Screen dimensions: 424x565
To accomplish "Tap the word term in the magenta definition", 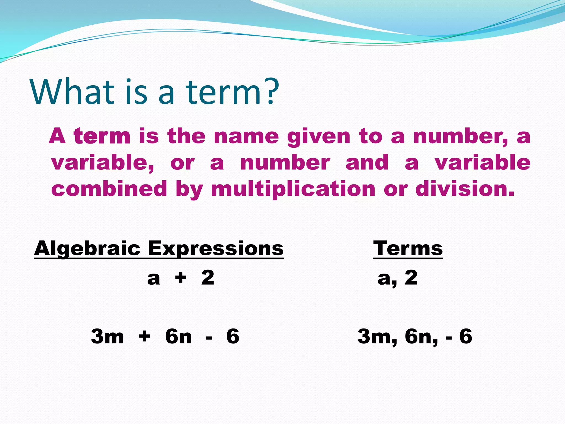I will coord(102,136).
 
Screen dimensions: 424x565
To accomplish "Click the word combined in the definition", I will coord(109,189).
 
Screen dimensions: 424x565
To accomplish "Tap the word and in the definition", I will coord(367,163).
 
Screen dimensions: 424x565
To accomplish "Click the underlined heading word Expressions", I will coord(215,248).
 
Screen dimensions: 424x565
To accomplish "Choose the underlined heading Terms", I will coord(408,248).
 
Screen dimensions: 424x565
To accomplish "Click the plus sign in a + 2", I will coord(181,277).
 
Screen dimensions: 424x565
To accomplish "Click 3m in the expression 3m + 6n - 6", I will coord(107,336).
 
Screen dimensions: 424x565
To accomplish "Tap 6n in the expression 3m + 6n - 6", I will coord(178,336).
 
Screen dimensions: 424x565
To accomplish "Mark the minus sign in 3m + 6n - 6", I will coord(209,337).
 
